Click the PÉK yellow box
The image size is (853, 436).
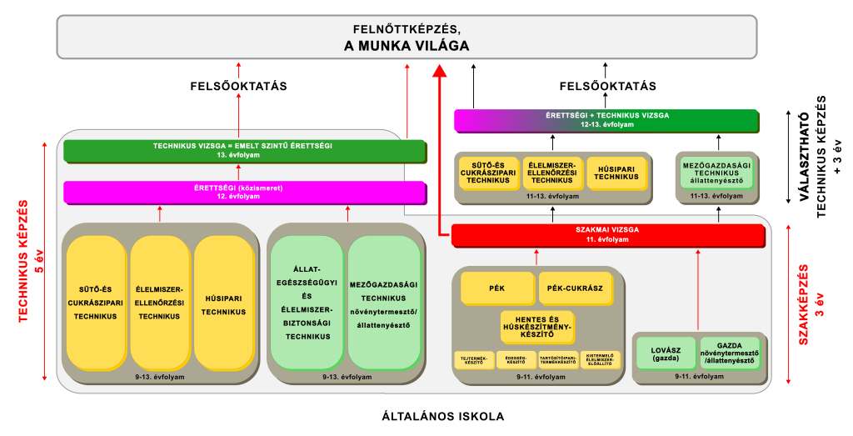[x=498, y=288]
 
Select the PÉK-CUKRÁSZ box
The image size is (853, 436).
[x=576, y=288]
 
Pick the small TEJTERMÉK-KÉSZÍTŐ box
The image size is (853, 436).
[x=473, y=360]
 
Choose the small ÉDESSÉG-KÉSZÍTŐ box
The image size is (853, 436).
[x=515, y=360]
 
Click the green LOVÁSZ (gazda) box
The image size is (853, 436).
[x=666, y=353]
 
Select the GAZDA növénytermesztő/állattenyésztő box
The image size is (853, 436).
[x=730, y=353]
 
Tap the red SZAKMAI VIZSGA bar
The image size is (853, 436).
[x=607, y=235]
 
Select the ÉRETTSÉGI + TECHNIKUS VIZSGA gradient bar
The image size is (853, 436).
[x=607, y=120]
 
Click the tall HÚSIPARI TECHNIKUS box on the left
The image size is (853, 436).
[x=223, y=303]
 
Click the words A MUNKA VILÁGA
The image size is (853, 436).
[x=407, y=45]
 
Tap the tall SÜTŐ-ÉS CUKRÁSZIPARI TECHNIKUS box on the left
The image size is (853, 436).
[x=96, y=303]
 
